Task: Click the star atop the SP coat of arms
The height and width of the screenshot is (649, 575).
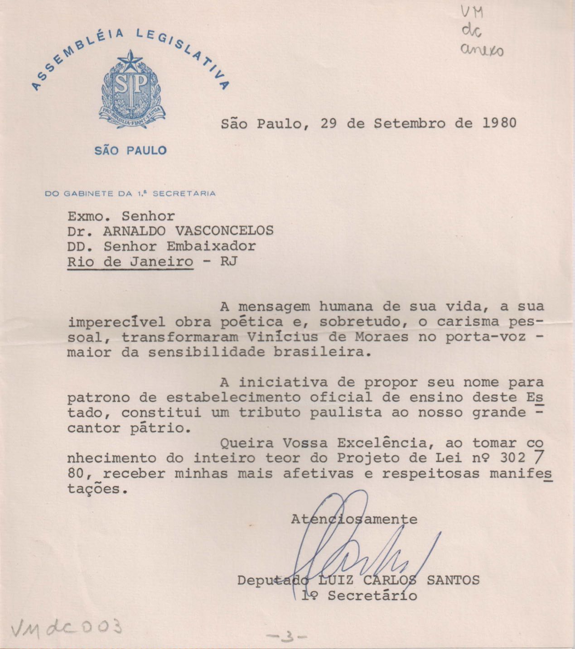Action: pos(130,61)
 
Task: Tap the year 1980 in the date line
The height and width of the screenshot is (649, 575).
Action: pos(499,123)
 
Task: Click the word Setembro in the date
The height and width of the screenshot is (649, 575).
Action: pos(410,123)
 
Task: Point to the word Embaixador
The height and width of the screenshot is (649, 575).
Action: pos(211,246)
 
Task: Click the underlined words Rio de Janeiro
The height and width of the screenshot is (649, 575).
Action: pos(130,262)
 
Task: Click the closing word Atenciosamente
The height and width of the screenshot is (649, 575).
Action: pos(354,519)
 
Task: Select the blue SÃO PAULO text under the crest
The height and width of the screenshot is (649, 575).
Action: pos(130,151)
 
